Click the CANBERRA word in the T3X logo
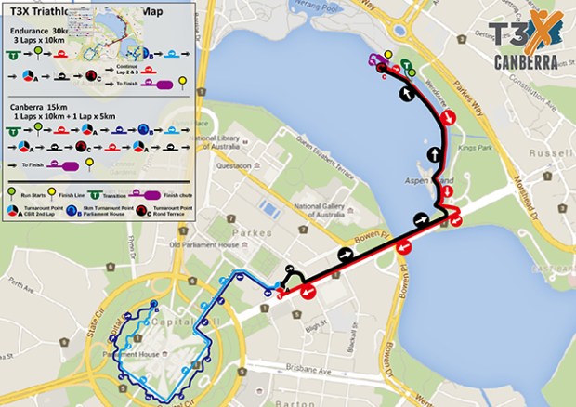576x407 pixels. (x=526, y=63)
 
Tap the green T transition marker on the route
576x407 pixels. (x=405, y=64)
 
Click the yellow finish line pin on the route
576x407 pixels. (x=388, y=55)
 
